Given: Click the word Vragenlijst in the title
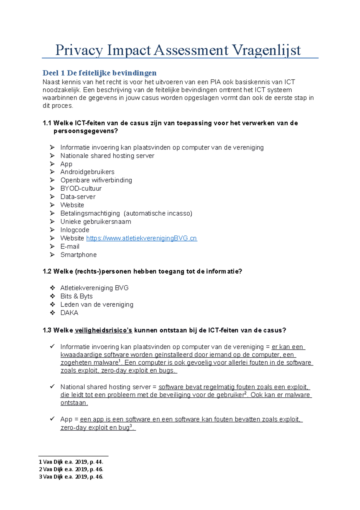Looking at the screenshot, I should click(266, 50).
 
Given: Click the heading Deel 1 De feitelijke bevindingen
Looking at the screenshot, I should click(99, 73).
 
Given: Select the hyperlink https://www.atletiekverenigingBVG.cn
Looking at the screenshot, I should click(141, 238).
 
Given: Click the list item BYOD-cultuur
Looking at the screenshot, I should click(81, 189).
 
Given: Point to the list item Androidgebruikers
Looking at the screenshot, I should click(87, 172).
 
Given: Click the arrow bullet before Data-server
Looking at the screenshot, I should click(52, 197).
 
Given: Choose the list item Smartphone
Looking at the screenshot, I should click(78, 255).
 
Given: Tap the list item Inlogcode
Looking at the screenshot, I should click(75, 230).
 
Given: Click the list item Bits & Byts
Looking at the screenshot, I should click(76, 296).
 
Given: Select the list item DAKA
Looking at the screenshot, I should click(69, 313).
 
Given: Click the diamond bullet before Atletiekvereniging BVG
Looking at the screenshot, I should click(52, 288).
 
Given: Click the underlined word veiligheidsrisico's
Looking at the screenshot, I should click(103, 331).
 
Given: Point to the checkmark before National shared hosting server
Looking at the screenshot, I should click(52, 387).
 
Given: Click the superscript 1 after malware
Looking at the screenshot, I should click(120, 361).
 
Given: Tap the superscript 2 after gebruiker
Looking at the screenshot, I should click(245, 393).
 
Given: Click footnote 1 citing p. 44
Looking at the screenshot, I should click(71, 462).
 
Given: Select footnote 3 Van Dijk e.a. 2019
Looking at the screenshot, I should click(71, 477).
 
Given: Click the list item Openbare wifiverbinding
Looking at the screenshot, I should click(96, 180).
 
